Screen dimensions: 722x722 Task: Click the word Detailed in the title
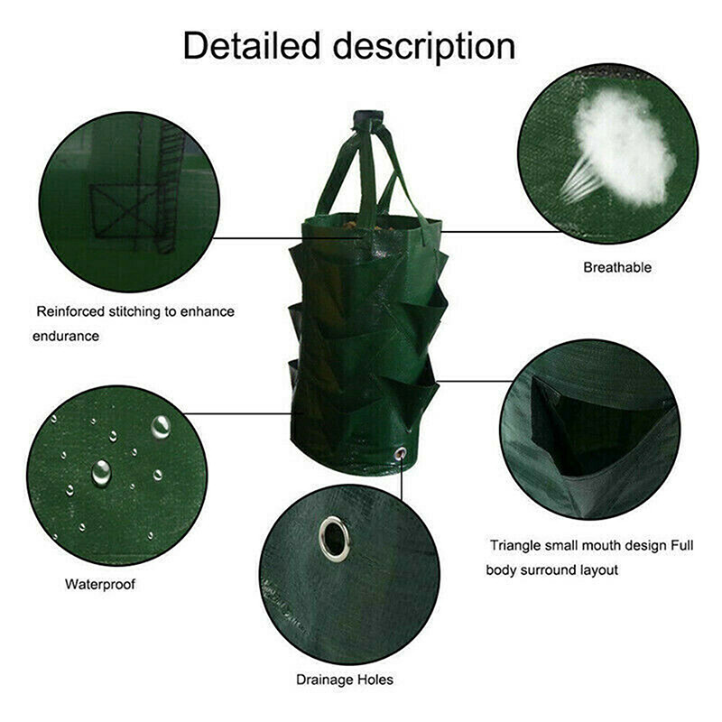pyautogui.click(x=252, y=46)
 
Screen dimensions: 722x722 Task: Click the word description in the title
pyautogui.click(x=424, y=48)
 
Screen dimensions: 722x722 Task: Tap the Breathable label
pyautogui.click(x=617, y=267)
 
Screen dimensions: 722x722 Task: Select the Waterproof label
pyautogui.click(x=100, y=584)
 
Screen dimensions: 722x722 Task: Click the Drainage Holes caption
pyautogui.click(x=345, y=680)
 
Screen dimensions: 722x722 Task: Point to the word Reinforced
pyautogui.click(x=70, y=311)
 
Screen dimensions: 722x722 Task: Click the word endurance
pyautogui.click(x=65, y=336)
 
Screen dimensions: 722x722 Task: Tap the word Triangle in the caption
pyautogui.click(x=515, y=546)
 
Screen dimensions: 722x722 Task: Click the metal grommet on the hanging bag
pyautogui.click(x=400, y=454)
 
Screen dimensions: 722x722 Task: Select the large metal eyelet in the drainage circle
pyautogui.click(x=334, y=539)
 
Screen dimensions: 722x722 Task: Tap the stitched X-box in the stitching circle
pyautogui.click(x=124, y=211)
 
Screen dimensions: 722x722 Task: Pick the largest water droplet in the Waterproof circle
pyautogui.click(x=101, y=472)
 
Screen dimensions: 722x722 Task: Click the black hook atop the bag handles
pyautogui.click(x=367, y=118)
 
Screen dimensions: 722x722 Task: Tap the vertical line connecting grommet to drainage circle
pyautogui.click(x=402, y=479)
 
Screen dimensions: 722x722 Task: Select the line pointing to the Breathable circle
pyautogui.click(x=502, y=232)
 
